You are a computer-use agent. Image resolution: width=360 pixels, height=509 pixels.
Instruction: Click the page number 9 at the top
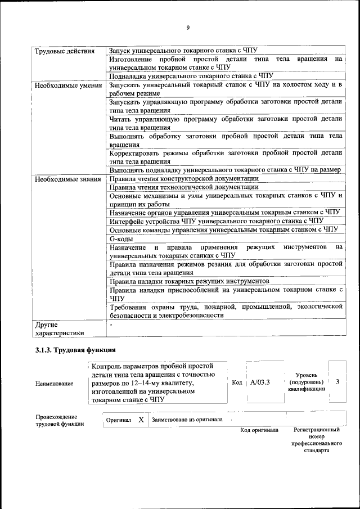tap(188, 28)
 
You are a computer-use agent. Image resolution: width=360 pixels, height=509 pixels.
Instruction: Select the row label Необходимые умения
tap(67, 86)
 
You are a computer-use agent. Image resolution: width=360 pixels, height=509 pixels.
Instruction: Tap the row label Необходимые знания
tap(67, 179)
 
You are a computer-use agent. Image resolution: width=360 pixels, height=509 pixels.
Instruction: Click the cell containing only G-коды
tap(121, 238)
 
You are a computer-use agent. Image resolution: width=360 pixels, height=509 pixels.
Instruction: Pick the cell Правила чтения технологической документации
tap(184, 187)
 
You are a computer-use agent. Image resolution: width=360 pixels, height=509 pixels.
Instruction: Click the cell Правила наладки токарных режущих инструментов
tap(189, 281)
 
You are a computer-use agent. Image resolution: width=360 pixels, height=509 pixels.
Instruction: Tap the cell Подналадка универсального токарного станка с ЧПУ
tap(191, 75)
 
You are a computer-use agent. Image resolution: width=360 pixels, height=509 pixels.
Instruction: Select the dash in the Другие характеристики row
tap(111, 325)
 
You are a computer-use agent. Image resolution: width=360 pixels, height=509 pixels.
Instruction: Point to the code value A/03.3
tap(260, 382)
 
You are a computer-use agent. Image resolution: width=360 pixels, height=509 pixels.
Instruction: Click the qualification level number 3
tap(337, 382)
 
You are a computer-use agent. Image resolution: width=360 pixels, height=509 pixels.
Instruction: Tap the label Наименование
tap(54, 384)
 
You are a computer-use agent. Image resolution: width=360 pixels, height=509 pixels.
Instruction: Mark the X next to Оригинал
tap(141, 420)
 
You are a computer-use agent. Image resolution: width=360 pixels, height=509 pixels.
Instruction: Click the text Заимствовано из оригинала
tap(187, 420)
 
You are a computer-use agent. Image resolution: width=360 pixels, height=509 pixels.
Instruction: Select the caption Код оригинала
tap(259, 430)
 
